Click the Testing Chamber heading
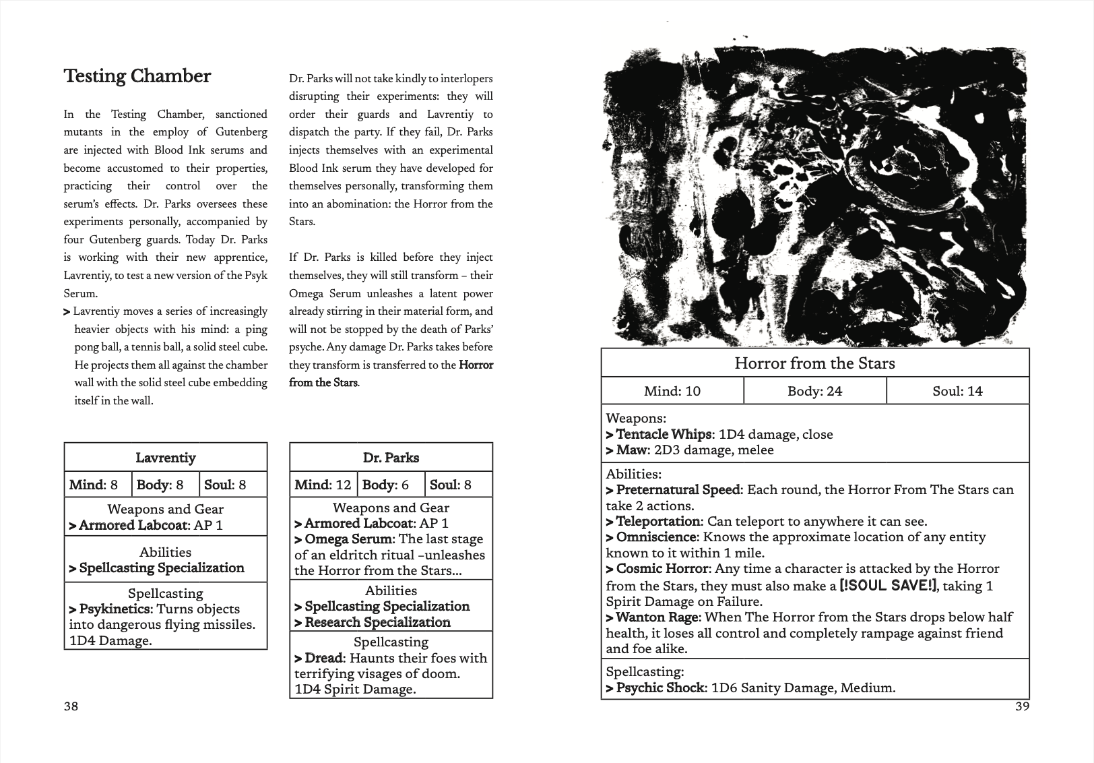(137, 76)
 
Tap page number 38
(71, 706)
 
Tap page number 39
(1022, 706)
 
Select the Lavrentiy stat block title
(166, 458)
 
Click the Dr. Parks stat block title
(391, 458)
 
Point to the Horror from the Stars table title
(814, 364)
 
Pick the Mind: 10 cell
(672, 391)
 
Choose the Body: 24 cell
(814, 391)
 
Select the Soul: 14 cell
(957, 391)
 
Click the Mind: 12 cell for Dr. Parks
(323, 485)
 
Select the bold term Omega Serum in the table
(348, 539)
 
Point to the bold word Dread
(324, 658)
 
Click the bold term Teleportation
(657, 522)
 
